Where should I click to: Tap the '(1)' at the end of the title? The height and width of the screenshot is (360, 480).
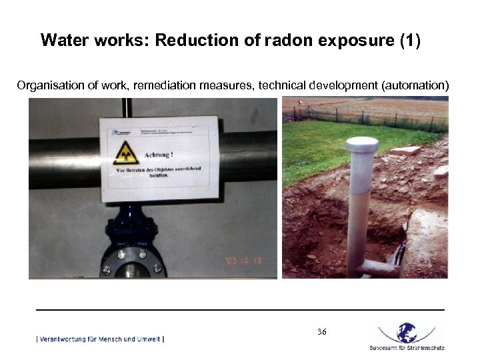click(409, 40)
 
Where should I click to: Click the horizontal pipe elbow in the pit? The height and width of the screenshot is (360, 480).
click(377, 267)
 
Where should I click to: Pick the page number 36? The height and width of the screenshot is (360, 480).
click(322, 331)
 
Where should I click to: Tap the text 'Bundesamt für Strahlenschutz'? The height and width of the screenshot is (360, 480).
click(407, 348)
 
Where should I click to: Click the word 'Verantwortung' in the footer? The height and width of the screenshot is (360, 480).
click(66, 339)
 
